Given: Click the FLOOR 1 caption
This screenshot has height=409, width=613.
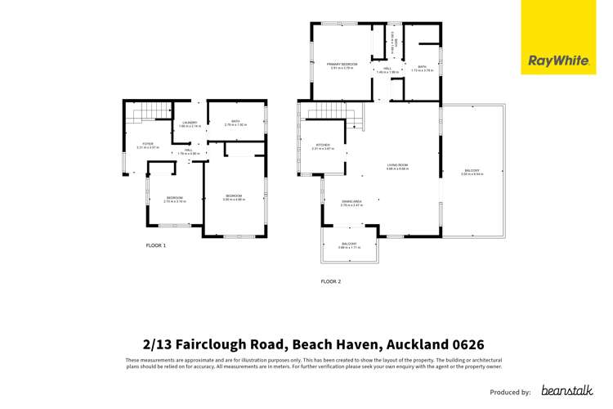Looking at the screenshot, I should click(156, 245).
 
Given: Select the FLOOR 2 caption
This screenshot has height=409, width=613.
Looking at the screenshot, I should click(330, 281).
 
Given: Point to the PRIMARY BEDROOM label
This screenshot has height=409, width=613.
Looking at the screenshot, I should click(342, 64).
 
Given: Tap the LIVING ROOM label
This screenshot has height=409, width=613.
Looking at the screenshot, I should click(397, 165).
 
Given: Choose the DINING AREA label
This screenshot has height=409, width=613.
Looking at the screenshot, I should click(351, 201).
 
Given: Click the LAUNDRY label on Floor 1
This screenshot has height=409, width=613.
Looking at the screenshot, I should click(189, 123).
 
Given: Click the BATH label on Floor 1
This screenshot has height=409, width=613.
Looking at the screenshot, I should click(235, 122).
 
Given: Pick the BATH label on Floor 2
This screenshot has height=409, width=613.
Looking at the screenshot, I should click(422, 67).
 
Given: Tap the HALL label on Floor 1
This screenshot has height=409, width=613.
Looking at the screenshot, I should click(188, 150).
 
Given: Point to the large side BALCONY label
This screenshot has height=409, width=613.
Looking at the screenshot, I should click(472, 171).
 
